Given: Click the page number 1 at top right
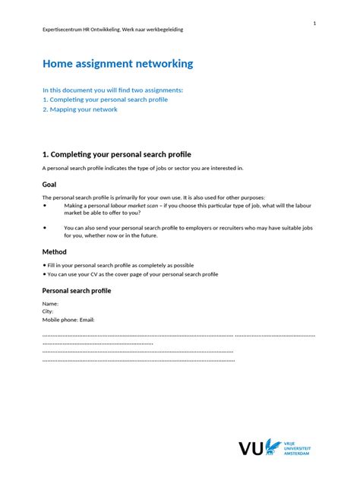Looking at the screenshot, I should [x=314, y=24].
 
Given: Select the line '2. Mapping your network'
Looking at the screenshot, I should [x=80, y=109].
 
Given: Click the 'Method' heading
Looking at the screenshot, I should [x=55, y=251].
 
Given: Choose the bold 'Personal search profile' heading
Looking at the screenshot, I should [x=77, y=291].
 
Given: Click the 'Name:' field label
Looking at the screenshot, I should [x=51, y=304].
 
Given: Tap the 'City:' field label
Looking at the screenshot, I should [x=49, y=311].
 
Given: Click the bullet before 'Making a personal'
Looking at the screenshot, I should [x=46, y=205].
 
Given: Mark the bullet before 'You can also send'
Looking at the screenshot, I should [x=46, y=227].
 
